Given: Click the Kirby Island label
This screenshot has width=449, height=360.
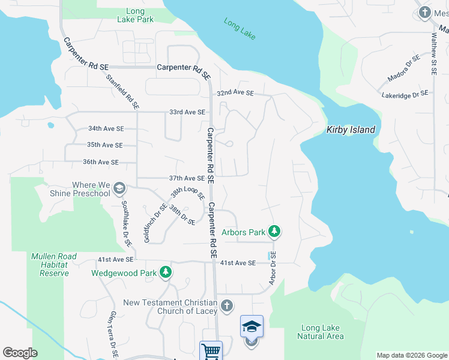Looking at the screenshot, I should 351,130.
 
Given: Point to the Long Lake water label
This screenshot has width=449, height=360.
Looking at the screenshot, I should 240,29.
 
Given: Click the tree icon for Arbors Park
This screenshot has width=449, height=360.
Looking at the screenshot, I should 274,231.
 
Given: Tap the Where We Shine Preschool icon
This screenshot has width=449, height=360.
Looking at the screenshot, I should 119,189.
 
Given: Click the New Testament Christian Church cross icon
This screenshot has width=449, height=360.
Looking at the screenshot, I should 226,306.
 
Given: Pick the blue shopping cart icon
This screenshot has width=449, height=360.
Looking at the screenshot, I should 211,351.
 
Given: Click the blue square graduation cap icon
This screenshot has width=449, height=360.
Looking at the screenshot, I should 252,326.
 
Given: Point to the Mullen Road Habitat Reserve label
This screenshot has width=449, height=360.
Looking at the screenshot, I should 54,265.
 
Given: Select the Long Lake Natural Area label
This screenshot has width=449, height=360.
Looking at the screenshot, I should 321,332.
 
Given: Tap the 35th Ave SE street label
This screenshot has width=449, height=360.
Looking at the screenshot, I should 104,145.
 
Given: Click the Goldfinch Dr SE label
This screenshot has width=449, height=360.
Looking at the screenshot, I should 146,223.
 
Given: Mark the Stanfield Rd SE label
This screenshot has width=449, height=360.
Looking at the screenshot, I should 122,91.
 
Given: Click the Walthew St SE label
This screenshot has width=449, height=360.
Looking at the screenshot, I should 433,53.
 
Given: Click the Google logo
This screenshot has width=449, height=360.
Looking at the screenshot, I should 20,353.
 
